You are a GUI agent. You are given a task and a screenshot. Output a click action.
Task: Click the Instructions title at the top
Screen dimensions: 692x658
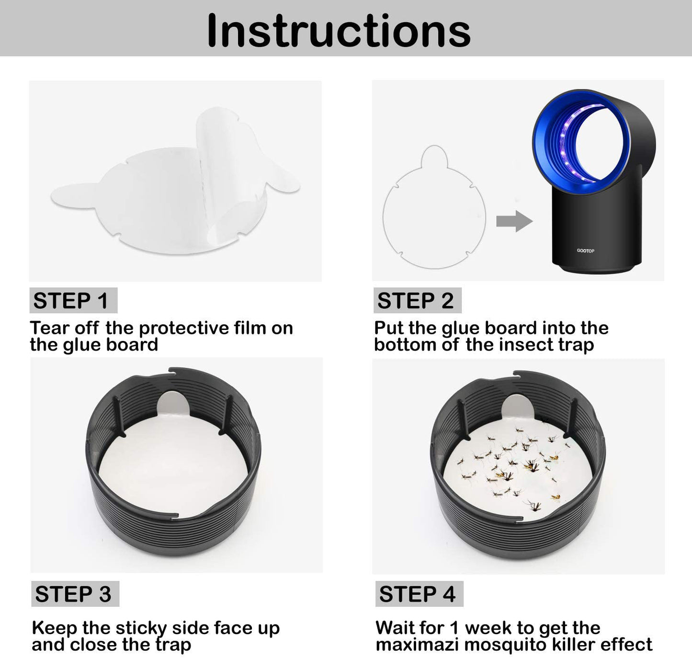click(339, 31)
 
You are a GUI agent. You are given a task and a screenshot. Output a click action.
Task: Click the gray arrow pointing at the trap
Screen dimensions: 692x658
click(514, 221)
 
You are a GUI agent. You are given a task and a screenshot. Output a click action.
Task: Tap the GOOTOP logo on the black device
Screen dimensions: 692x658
click(585, 250)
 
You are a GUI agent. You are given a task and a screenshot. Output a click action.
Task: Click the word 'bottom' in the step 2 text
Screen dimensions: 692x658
click(406, 345)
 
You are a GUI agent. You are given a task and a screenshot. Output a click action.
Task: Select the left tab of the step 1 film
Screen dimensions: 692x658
click(74, 196)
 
